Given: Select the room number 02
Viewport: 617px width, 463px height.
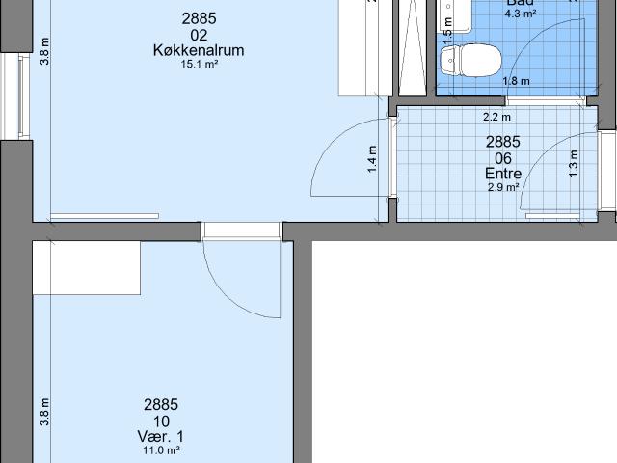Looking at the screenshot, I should [200, 35].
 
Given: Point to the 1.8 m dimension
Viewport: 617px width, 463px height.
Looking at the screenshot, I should [516, 81].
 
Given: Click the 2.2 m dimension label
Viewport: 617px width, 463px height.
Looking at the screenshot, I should [496, 118].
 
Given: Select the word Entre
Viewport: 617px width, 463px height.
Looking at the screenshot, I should [503, 174].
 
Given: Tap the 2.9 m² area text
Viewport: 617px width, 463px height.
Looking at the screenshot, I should [503, 188].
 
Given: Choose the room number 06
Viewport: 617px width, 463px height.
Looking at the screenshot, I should [503, 158].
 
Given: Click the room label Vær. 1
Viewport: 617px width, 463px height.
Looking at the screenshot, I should [161, 436].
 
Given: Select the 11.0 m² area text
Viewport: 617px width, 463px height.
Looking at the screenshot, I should [161, 450].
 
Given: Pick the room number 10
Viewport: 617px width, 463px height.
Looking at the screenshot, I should [161, 421].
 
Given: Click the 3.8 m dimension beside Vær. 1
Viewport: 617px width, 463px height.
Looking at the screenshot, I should [44, 412].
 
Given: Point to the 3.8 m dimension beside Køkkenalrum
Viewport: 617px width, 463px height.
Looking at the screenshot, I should [44, 50].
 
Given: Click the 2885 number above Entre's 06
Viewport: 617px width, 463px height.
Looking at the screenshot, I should [503, 143].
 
